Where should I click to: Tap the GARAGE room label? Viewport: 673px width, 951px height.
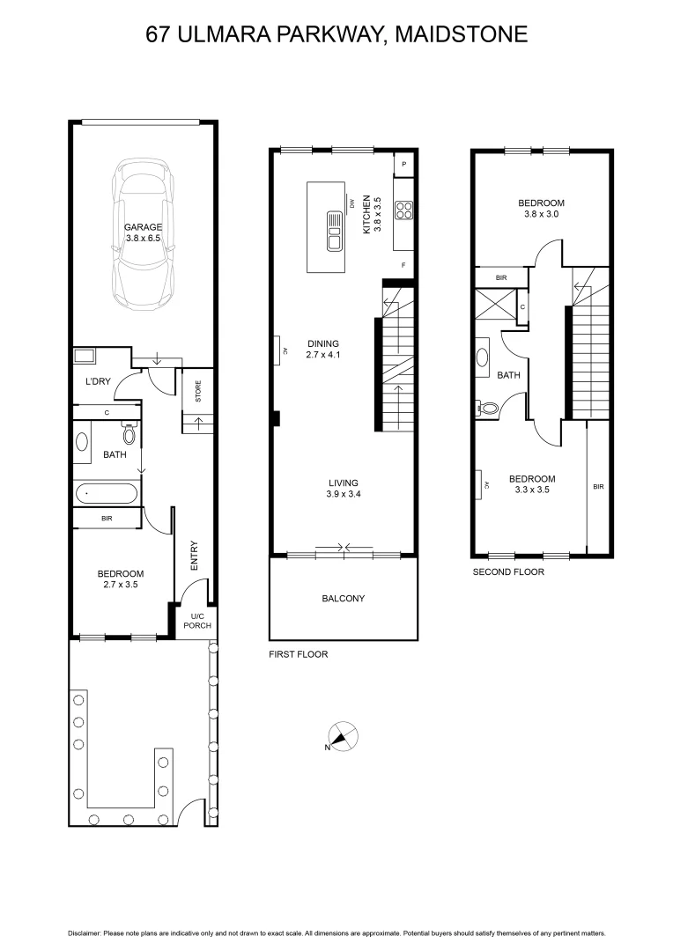point(143,227)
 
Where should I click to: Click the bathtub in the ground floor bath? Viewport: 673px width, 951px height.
point(107,493)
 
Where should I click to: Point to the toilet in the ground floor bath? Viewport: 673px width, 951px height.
point(129,434)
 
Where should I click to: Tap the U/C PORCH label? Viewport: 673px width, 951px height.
point(192,621)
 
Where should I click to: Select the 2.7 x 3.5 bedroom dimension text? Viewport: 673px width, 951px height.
point(121,584)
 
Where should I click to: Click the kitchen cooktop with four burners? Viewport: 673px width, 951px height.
point(403,210)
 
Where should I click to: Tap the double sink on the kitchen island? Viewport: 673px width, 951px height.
point(335,232)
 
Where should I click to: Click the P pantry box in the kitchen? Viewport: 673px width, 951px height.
point(403,165)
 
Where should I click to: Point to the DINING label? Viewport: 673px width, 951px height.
point(323,344)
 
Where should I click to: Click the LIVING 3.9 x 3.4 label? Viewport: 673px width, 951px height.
point(343,489)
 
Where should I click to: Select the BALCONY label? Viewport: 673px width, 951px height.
point(343,599)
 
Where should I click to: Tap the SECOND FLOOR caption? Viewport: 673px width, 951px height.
point(508,571)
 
